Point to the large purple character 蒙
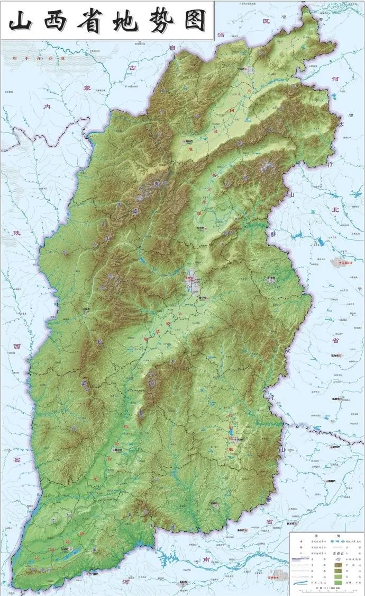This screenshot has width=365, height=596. click(87, 87)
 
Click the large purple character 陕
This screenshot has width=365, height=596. click(8, 233)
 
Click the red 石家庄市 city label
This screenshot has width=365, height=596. click(344, 261)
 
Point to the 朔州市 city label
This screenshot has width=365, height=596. click(189, 141)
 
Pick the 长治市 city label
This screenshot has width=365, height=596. click(241, 439)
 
